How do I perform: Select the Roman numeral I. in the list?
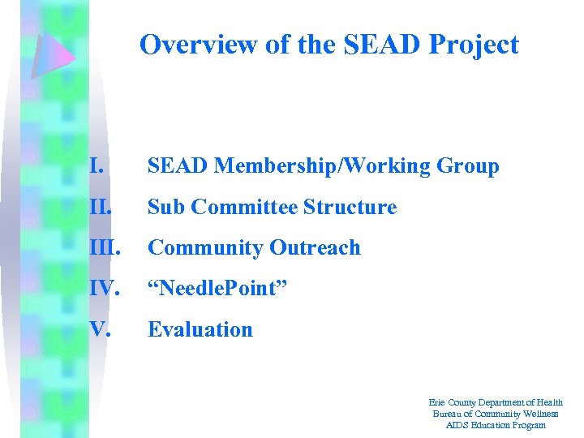[97, 166]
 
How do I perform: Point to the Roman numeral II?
[101, 207]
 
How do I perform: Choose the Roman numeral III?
[105, 247]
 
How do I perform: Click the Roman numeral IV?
[105, 289]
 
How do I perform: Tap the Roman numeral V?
[100, 329]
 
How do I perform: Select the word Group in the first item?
[468, 166]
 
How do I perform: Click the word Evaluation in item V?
[200, 329]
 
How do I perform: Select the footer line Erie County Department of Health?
[496, 402]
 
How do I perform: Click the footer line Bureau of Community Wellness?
[496, 414]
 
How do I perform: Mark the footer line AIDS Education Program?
[496, 425]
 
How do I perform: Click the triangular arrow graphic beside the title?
[54, 54]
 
